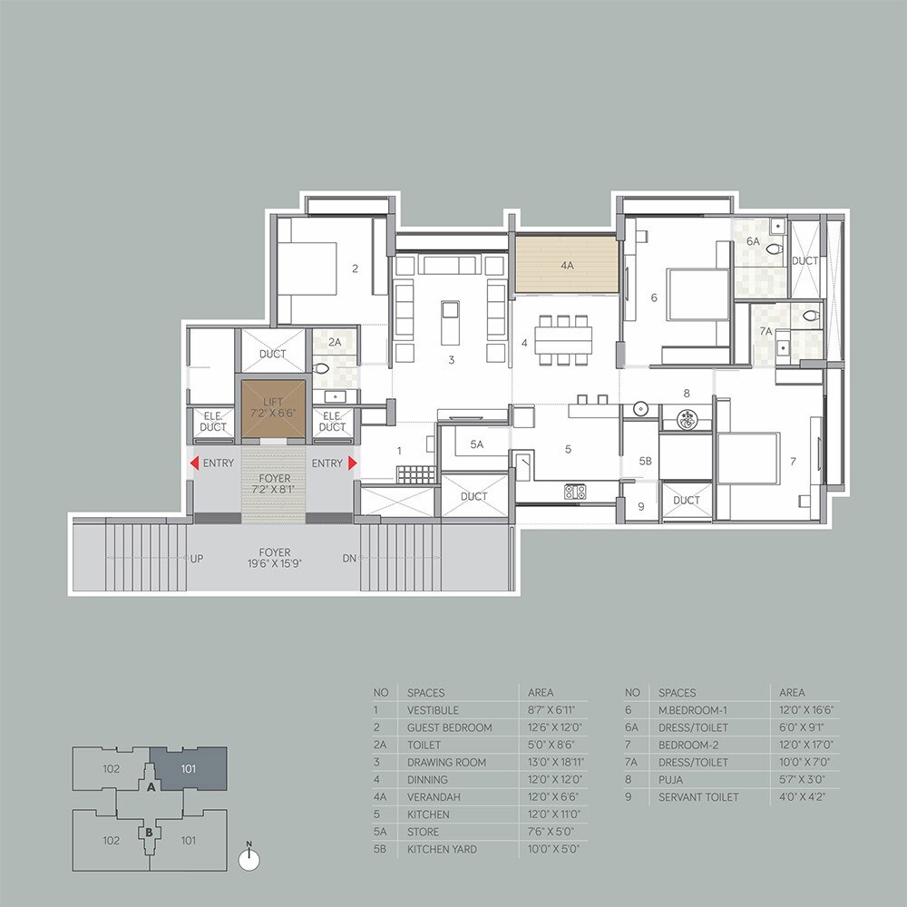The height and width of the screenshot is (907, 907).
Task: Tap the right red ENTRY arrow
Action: (x=352, y=463)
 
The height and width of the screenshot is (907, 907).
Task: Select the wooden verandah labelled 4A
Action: (x=567, y=266)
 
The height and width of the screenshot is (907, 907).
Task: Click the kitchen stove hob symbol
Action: (x=575, y=493)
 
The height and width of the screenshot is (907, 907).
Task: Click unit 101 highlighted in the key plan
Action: (x=188, y=767)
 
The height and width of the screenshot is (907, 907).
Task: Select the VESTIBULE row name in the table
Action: (x=433, y=710)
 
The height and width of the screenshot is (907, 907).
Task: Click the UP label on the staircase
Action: (x=196, y=559)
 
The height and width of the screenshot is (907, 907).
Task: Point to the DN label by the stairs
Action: (x=350, y=559)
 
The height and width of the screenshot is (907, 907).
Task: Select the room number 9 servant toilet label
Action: (x=640, y=507)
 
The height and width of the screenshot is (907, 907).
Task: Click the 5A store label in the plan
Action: (x=476, y=444)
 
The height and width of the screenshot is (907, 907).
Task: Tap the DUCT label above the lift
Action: (x=272, y=354)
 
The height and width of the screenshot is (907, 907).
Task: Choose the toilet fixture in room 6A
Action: (x=774, y=246)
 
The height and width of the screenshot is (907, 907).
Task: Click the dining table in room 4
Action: (x=562, y=340)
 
